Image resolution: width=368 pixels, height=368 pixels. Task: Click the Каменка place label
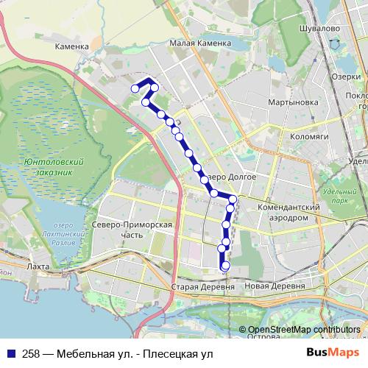point(71,46)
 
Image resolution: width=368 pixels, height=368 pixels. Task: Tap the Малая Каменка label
point(197,43)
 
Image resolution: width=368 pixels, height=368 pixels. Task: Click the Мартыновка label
point(293,102)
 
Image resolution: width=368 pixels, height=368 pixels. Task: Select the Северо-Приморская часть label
point(132,230)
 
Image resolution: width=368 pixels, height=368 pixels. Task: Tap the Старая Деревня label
point(196,286)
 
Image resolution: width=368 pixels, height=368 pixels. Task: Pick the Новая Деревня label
point(274,286)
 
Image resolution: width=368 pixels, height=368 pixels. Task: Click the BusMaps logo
point(328,353)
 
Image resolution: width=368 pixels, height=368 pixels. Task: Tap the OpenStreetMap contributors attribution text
point(304,330)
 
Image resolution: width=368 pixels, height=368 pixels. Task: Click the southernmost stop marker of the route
point(225,266)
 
